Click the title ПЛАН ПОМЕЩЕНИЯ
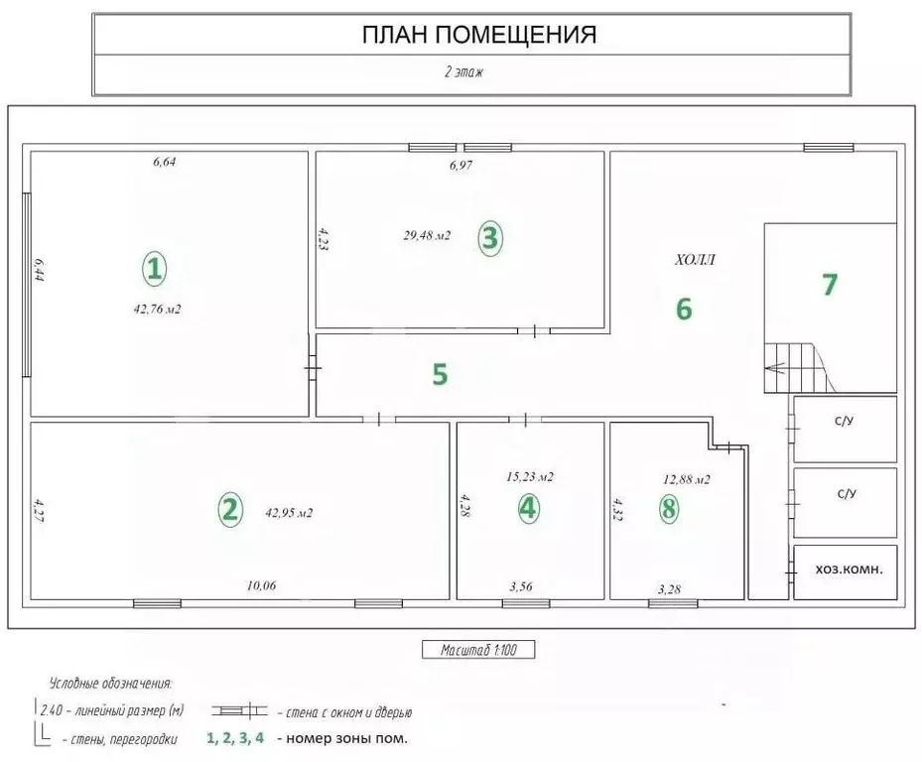pos(478,36)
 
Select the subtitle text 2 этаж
pos(462,72)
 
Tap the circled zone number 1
pos(154,268)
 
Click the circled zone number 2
pos(229,510)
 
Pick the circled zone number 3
pos(489,237)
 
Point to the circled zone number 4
pos(528,509)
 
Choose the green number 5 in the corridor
pos(441,374)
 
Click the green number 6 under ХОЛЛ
pos(684,309)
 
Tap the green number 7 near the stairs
pos(830,284)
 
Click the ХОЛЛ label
pos(695,261)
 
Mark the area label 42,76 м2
pos(157,309)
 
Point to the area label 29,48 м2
pos(427,235)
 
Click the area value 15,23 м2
pos(529,476)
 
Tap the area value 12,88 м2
pos(686,479)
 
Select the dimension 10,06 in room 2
pos(261,585)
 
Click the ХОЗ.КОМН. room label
pos(849,571)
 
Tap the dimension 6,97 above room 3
pos(461,166)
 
